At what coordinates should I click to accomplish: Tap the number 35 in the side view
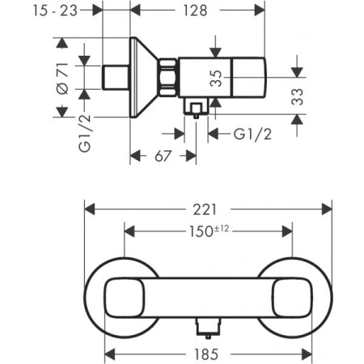pyautogui.click(x=216, y=78)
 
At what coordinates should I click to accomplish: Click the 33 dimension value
pyautogui.click(x=301, y=98)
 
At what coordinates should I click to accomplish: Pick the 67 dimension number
pyautogui.click(x=162, y=154)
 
